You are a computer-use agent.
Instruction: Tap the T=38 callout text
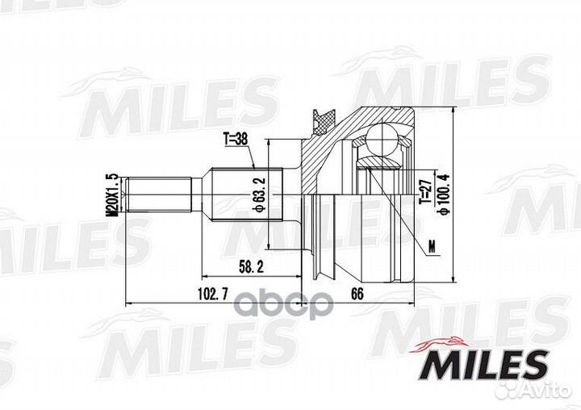tap(236, 140)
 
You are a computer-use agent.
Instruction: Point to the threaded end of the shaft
tap(158, 195)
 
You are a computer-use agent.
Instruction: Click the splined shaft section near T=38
tap(242, 195)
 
